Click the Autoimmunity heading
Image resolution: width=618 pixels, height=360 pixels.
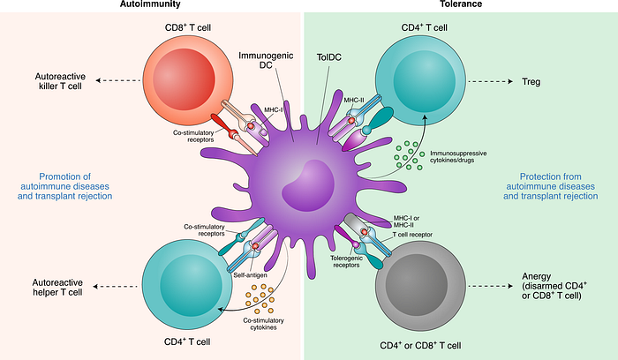tap(151, 5)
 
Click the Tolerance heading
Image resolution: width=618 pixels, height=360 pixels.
tap(460, 5)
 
